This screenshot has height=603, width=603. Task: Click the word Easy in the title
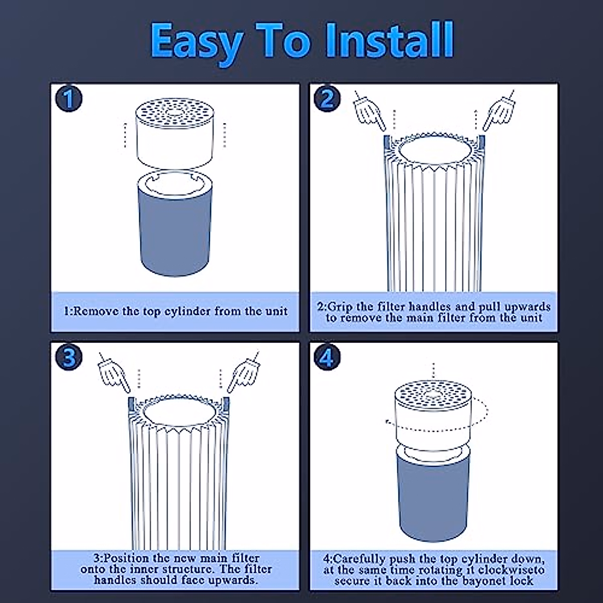pyautogui.click(x=196, y=43)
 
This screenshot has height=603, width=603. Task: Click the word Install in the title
pyautogui.click(x=389, y=40)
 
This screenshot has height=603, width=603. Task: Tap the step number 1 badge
pyautogui.click(x=69, y=99)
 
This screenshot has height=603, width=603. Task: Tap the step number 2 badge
pyautogui.click(x=327, y=99)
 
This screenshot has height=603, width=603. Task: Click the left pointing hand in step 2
pyautogui.click(x=369, y=111)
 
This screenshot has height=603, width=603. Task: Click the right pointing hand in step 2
pyautogui.click(x=499, y=111)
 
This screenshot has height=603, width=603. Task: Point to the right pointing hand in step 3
pyautogui.click(x=243, y=372)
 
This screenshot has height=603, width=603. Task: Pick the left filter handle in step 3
pyautogui.click(x=132, y=404)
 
